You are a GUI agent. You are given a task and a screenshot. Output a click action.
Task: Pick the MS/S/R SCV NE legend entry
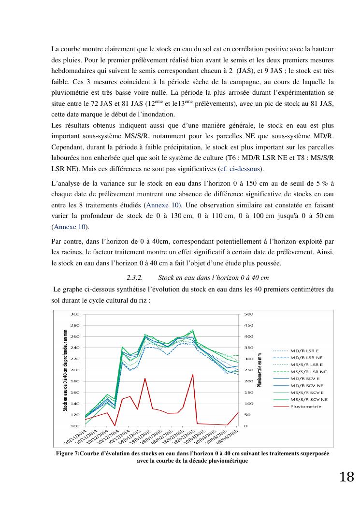tap(309, 399)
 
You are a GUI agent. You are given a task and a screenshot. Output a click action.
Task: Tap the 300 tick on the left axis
tap(75, 314)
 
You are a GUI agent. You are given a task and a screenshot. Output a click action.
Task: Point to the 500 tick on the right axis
tap(249, 314)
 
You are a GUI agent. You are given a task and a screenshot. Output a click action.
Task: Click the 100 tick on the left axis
tap(75, 426)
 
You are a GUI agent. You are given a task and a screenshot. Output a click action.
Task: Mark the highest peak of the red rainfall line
tap(193, 375)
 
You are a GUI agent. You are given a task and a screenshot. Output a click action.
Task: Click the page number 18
tap(346, 477)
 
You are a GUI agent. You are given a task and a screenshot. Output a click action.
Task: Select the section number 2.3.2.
tap(134, 278)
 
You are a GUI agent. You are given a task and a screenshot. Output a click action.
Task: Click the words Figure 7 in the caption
tap(67, 453)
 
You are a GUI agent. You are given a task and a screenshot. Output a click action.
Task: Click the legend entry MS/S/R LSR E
tap(307, 364)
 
